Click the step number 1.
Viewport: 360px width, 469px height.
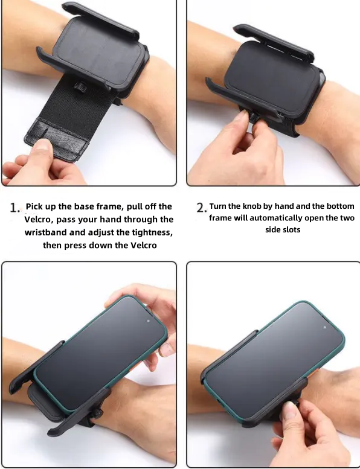[14, 207]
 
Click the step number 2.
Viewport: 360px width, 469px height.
[201, 207]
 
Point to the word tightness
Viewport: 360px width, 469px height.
[149, 233]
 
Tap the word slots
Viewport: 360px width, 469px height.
[292, 230]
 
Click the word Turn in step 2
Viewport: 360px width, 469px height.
[218, 206]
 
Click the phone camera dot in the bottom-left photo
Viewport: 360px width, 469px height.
[149, 322]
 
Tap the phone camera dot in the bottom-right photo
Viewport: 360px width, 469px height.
[325, 328]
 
